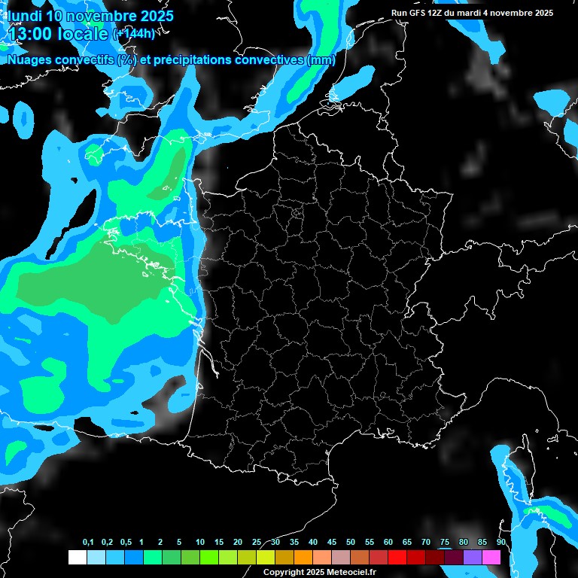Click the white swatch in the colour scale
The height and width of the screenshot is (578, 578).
(x=77, y=557)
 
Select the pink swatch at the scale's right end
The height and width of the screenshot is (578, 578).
(x=491, y=557)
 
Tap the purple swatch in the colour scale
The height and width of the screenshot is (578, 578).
(x=473, y=557)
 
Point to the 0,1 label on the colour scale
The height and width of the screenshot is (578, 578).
(x=87, y=543)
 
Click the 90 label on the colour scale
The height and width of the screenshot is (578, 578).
(x=501, y=543)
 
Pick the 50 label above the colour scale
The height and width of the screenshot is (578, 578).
(x=351, y=543)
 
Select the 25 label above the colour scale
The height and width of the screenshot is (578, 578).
(x=257, y=543)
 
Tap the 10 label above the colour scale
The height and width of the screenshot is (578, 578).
(x=200, y=543)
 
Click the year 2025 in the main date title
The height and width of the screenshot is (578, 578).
(x=151, y=16)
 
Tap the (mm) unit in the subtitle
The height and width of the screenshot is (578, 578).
(x=321, y=60)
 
